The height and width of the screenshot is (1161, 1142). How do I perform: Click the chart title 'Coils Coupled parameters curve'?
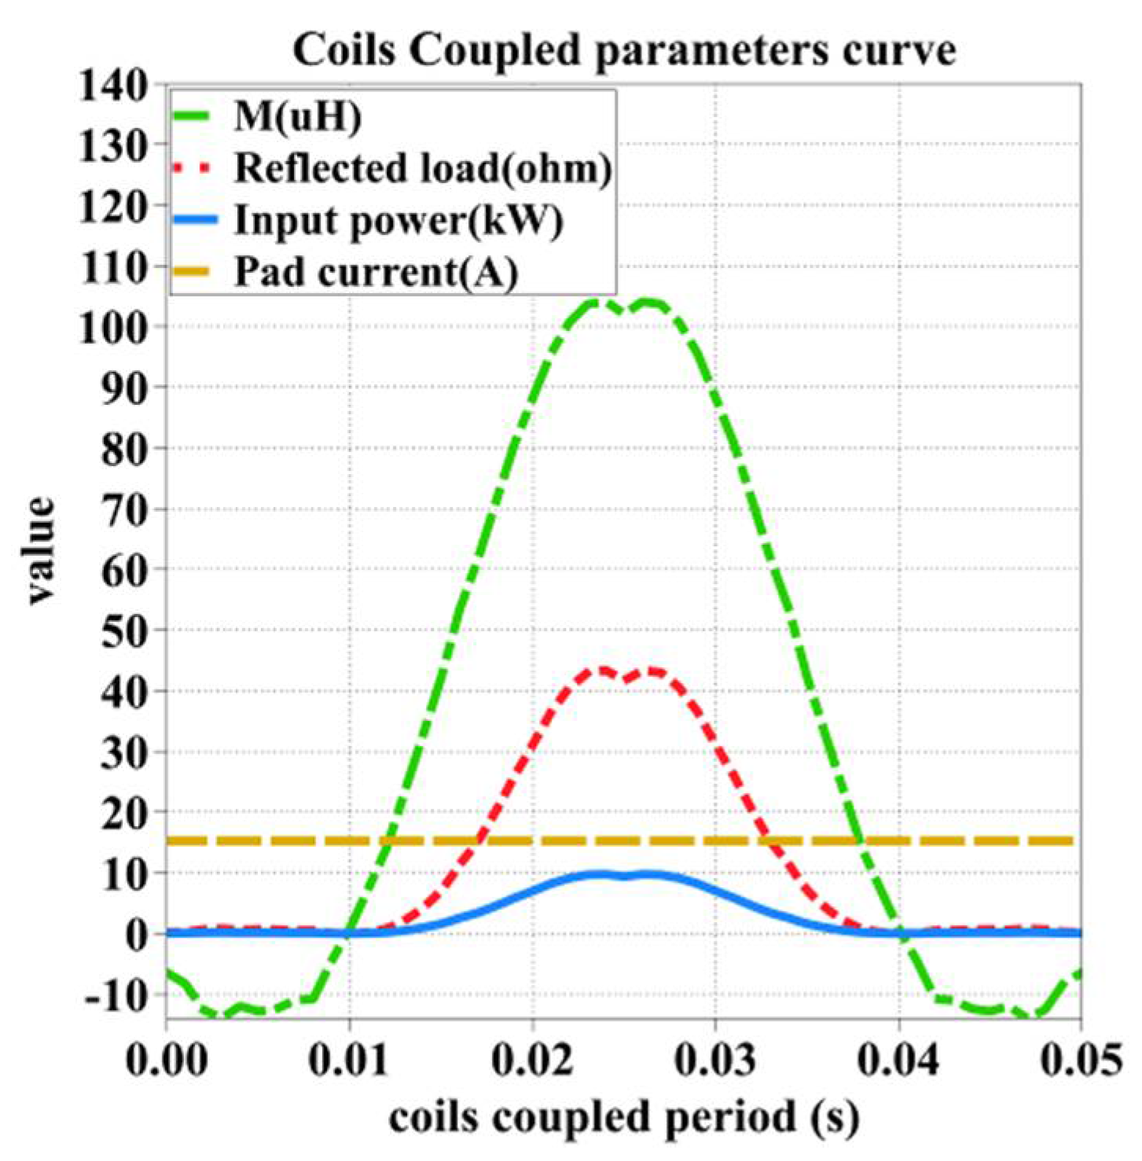pos(624,50)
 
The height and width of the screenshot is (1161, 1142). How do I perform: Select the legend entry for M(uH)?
pos(298,117)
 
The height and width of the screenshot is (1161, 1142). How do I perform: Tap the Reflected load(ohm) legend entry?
pos(423,168)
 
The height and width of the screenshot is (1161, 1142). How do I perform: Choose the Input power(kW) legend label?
pos(398,220)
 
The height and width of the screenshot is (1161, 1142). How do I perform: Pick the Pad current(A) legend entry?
pos(376,272)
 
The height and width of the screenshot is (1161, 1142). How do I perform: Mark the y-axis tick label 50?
pos(124,630)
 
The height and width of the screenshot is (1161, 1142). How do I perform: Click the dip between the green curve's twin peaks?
pos(624,311)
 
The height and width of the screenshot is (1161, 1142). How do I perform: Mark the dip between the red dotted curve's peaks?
pos(626,678)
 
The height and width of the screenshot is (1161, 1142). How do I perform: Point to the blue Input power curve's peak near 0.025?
pos(624,875)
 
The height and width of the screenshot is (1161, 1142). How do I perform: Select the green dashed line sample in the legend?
pos(193,117)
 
